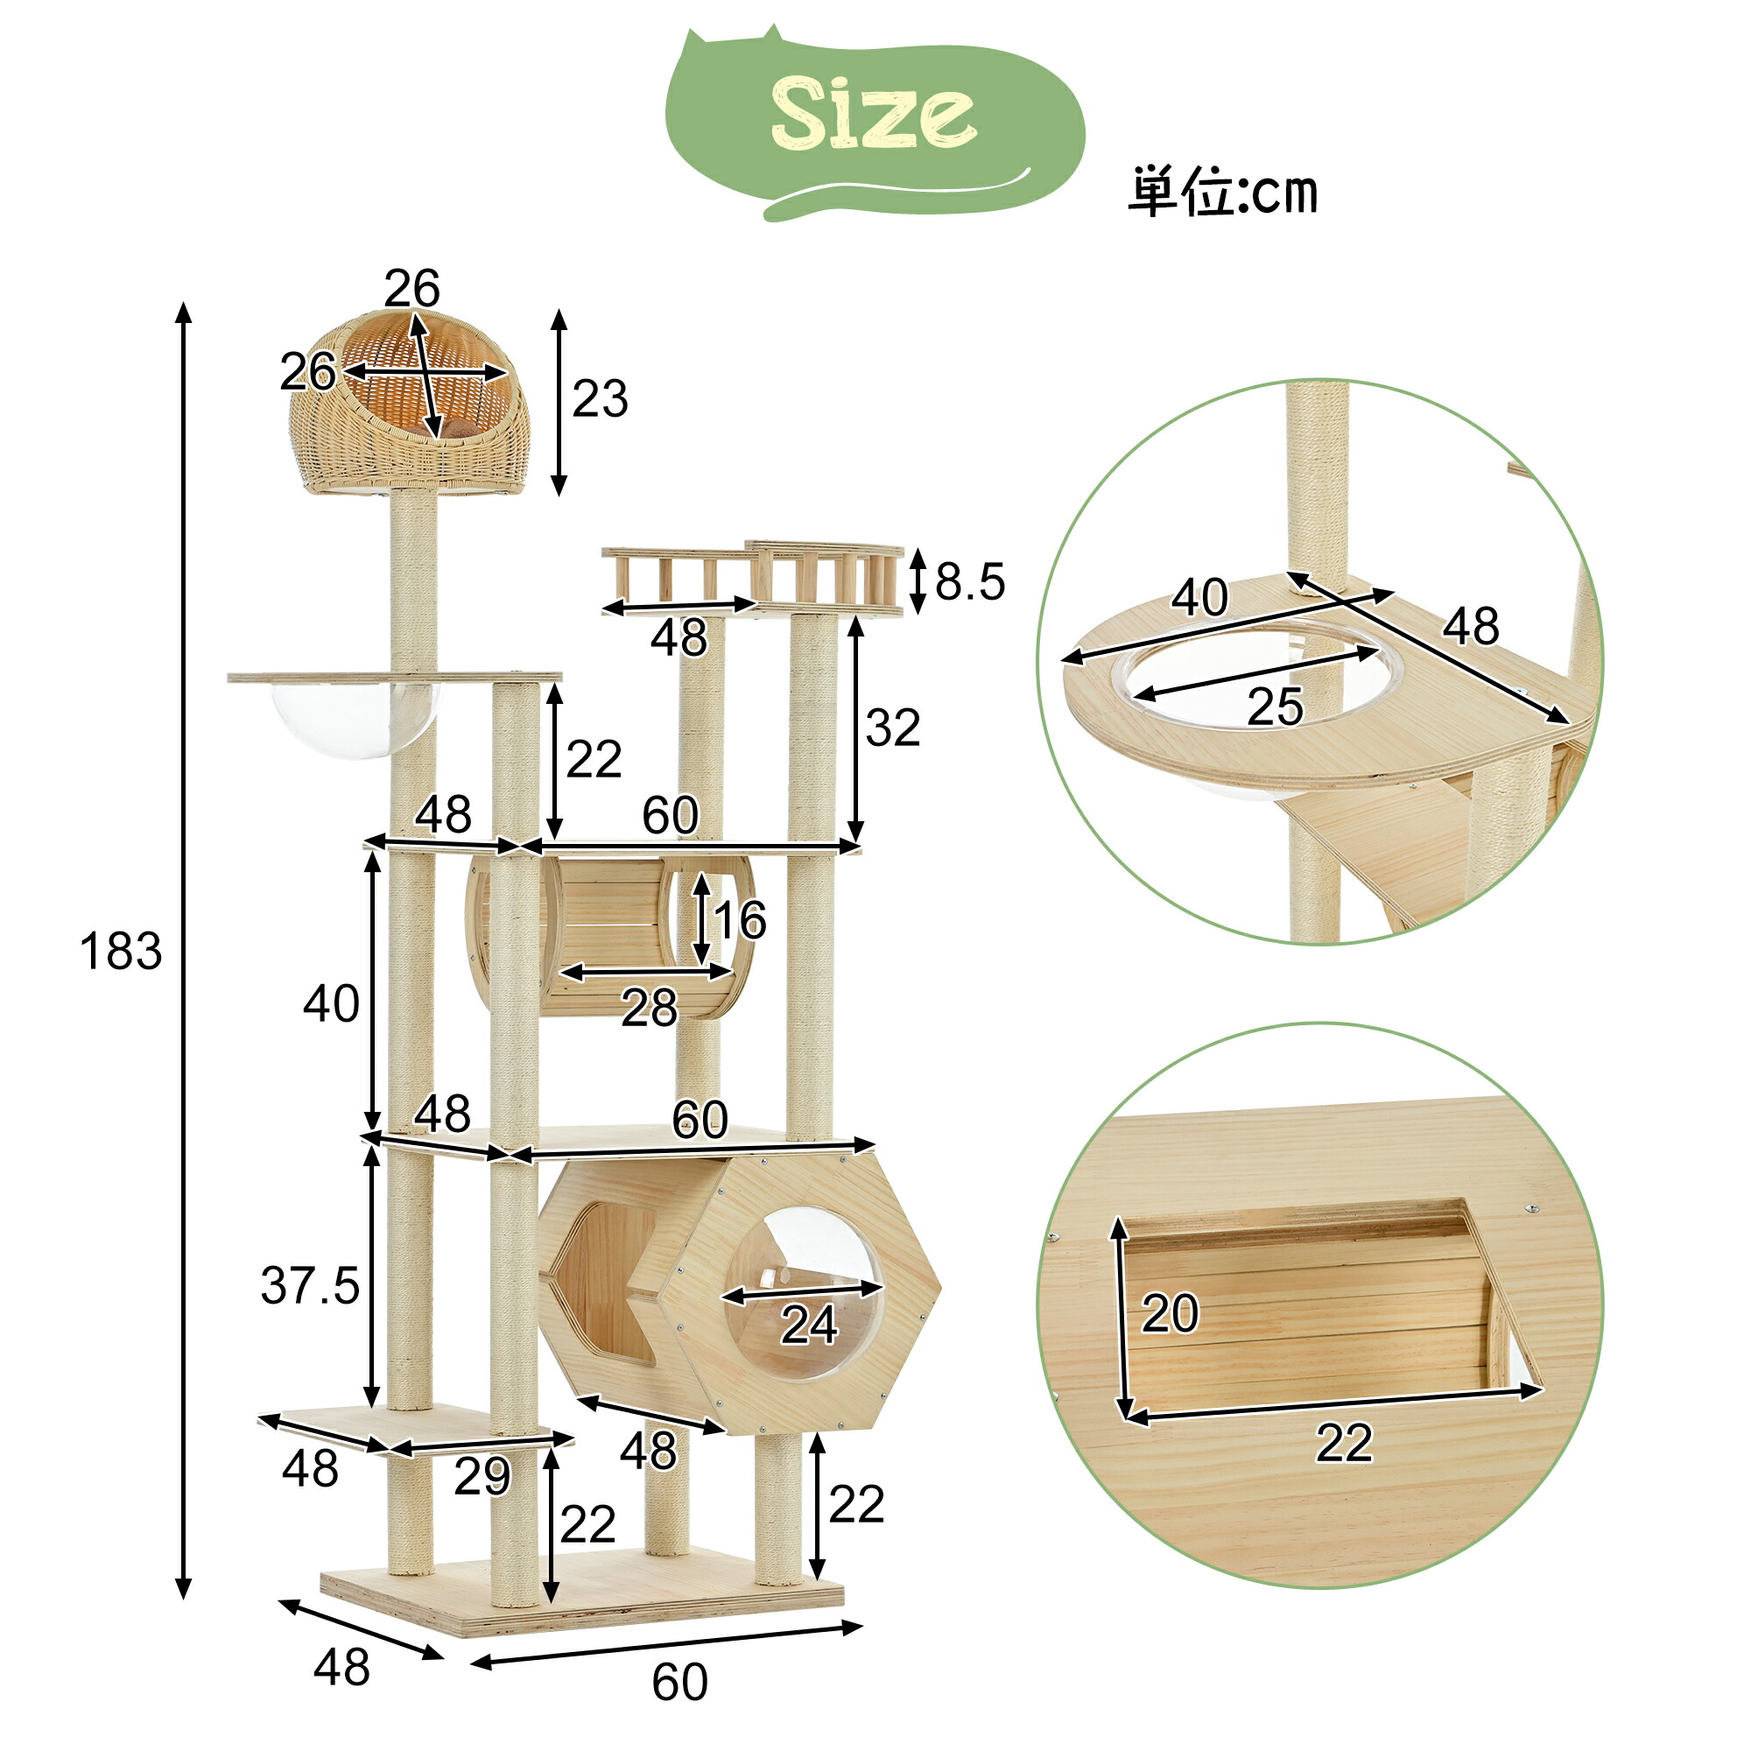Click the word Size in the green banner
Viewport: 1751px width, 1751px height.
(x=873, y=114)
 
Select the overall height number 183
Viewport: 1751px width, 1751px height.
(x=121, y=952)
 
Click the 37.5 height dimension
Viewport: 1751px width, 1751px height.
(x=310, y=1285)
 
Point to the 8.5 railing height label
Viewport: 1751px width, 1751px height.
(x=970, y=581)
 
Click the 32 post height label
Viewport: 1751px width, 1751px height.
(x=893, y=728)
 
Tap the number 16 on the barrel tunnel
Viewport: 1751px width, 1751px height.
(x=740, y=920)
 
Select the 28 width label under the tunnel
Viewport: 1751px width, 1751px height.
(x=649, y=1008)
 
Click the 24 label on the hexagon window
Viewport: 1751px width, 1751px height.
(x=809, y=1325)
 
